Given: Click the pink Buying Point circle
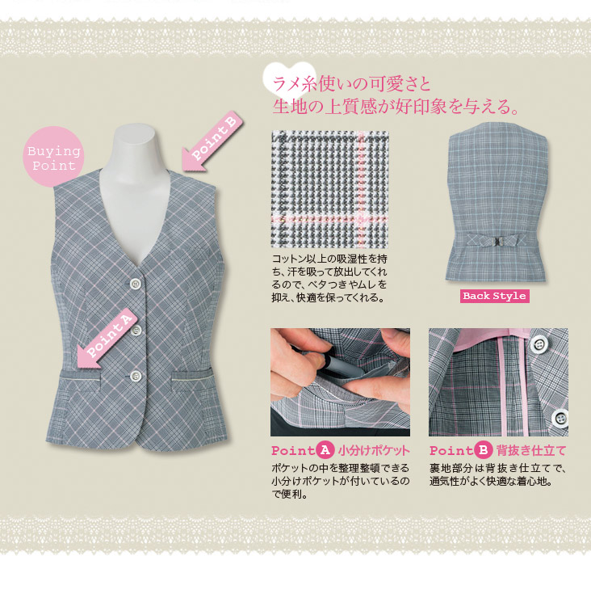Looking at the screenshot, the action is [x=53, y=157].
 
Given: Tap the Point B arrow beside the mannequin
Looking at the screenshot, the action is [x=212, y=141].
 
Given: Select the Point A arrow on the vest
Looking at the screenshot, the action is [x=106, y=338].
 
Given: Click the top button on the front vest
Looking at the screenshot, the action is [x=136, y=284].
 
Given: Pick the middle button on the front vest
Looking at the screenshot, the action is [x=136, y=330].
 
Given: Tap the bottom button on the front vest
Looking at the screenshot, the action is [x=136, y=376].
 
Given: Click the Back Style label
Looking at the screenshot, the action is [x=494, y=296].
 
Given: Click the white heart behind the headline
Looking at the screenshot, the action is [x=284, y=82].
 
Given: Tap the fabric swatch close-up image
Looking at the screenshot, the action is [x=329, y=189].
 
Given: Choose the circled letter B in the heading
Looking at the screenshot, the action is [x=483, y=450].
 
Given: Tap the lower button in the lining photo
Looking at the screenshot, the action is [x=560, y=418].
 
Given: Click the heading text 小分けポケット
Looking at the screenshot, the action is [x=373, y=450].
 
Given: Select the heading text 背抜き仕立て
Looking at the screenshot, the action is [x=531, y=450].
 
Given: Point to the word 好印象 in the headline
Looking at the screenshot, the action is [x=421, y=107].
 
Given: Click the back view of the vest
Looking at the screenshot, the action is [x=497, y=202].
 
